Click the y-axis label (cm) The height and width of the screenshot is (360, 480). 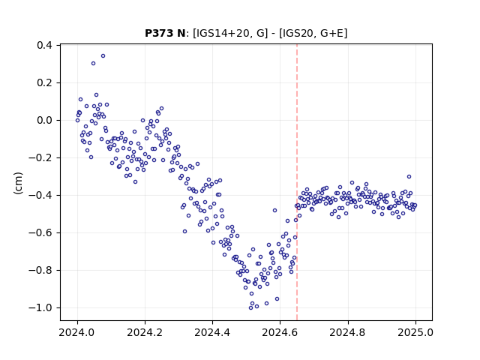point(18,183)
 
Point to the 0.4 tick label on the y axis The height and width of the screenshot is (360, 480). point(45,45)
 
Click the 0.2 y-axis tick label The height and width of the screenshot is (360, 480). point(45,83)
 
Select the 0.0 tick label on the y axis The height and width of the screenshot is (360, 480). point(45,120)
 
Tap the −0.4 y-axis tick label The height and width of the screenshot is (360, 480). point(40,195)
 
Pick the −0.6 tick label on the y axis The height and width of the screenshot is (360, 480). point(40,233)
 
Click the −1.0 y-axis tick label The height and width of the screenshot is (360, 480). point(40,307)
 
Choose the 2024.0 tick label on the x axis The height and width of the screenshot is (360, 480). point(77,332)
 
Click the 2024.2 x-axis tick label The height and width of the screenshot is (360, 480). point(145,332)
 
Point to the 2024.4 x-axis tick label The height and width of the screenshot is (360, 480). point(212,332)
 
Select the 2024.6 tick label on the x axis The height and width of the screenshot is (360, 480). point(280,332)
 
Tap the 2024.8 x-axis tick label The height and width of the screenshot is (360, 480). point(348,332)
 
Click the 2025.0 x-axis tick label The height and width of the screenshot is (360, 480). point(415,332)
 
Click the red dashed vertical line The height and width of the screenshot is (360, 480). point(297,182)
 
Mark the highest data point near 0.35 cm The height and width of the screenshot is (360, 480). point(103,55)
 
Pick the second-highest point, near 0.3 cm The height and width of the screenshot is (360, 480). point(93,63)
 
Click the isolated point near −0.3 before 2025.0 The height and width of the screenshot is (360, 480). point(409,177)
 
